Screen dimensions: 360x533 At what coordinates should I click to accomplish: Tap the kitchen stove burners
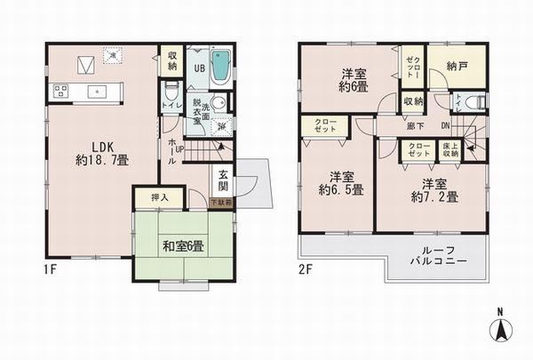[61, 90]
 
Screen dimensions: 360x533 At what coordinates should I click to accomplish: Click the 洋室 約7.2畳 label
[434, 190]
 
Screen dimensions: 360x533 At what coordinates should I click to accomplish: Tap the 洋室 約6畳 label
[354, 80]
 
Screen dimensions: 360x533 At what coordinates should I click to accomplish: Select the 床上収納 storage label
[451, 150]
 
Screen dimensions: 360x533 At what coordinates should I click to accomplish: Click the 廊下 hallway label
[415, 126]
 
